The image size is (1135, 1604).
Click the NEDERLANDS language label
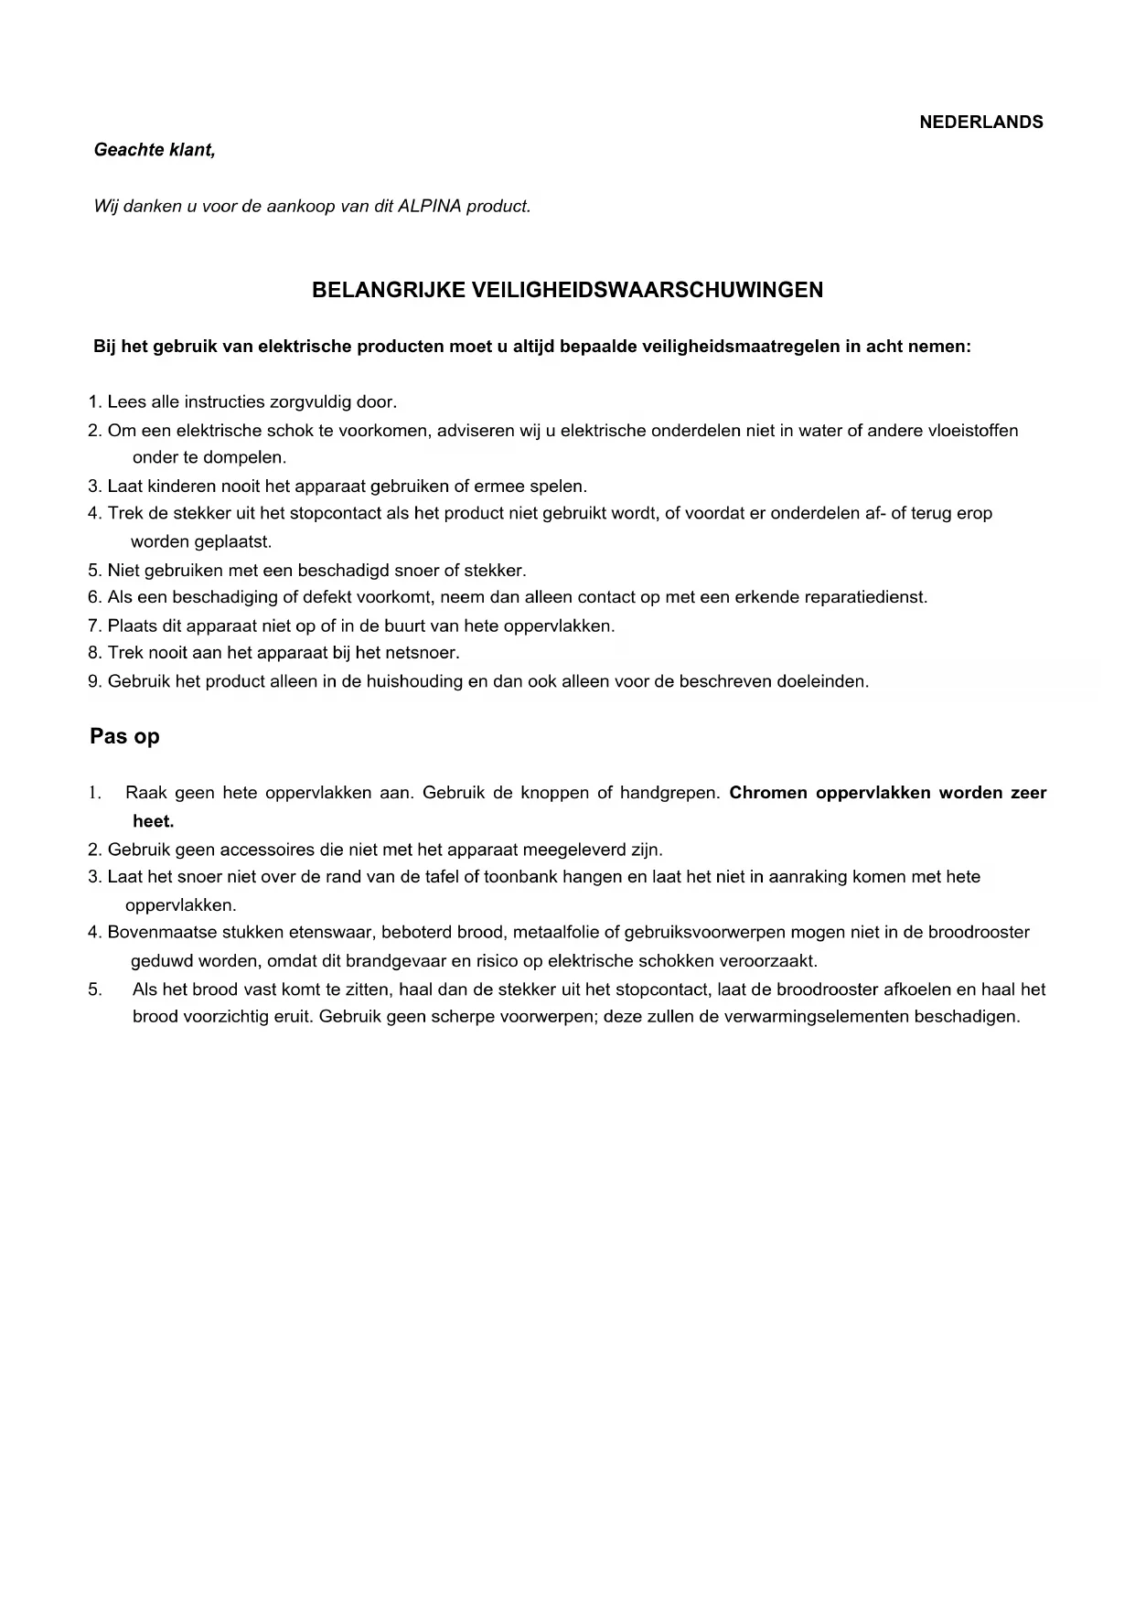[x=980, y=123]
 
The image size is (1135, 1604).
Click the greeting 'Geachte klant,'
[x=155, y=150]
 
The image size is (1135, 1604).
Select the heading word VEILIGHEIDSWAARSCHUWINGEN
[x=647, y=290]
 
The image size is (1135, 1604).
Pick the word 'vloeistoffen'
[x=972, y=430]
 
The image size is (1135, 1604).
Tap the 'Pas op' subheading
[x=124, y=736]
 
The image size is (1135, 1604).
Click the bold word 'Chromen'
[x=768, y=793]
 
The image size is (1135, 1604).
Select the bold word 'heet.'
[x=153, y=821]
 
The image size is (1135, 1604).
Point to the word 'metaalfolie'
[x=555, y=932]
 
